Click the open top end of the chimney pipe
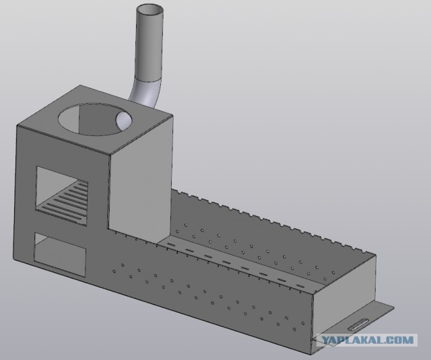[150, 11]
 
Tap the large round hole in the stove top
[95, 119]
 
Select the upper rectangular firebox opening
[62, 196]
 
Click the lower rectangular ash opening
[60, 254]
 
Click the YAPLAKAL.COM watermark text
[368, 340]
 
